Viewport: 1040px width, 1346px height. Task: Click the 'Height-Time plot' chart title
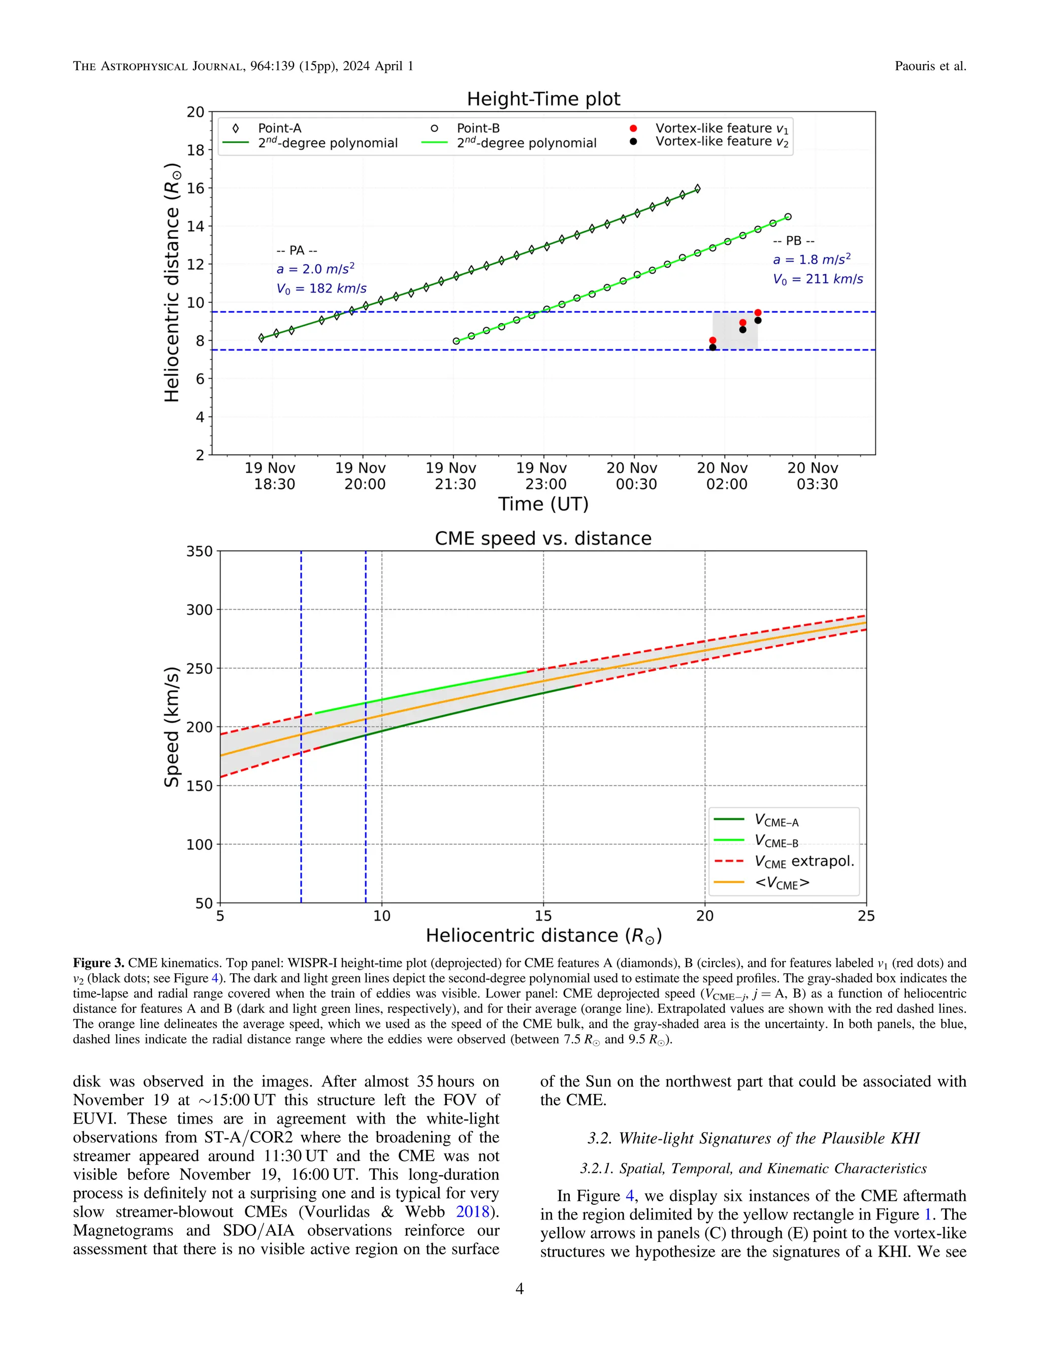(543, 99)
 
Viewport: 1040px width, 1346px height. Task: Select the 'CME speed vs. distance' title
(543, 538)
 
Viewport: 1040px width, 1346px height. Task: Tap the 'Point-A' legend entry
(279, 128)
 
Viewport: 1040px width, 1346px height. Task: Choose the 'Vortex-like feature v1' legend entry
(721, 128)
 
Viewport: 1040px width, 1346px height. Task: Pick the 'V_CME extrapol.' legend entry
(804, 861)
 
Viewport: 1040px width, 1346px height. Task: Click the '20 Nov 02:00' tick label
(723, 476)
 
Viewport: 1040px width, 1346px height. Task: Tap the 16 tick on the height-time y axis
(196, 188)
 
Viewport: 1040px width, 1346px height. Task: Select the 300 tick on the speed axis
(200, 610)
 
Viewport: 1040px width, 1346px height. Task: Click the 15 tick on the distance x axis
(543, 916)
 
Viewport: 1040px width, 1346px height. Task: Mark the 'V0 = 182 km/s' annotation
(321, 289)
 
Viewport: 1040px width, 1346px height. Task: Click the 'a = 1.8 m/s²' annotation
(811, 260)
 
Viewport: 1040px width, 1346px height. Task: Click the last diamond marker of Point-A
(697, 188)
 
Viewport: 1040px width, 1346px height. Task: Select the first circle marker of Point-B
(456, 341)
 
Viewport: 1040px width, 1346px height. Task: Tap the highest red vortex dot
(758, 312)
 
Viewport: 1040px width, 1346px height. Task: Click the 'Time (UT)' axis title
(543, 504)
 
